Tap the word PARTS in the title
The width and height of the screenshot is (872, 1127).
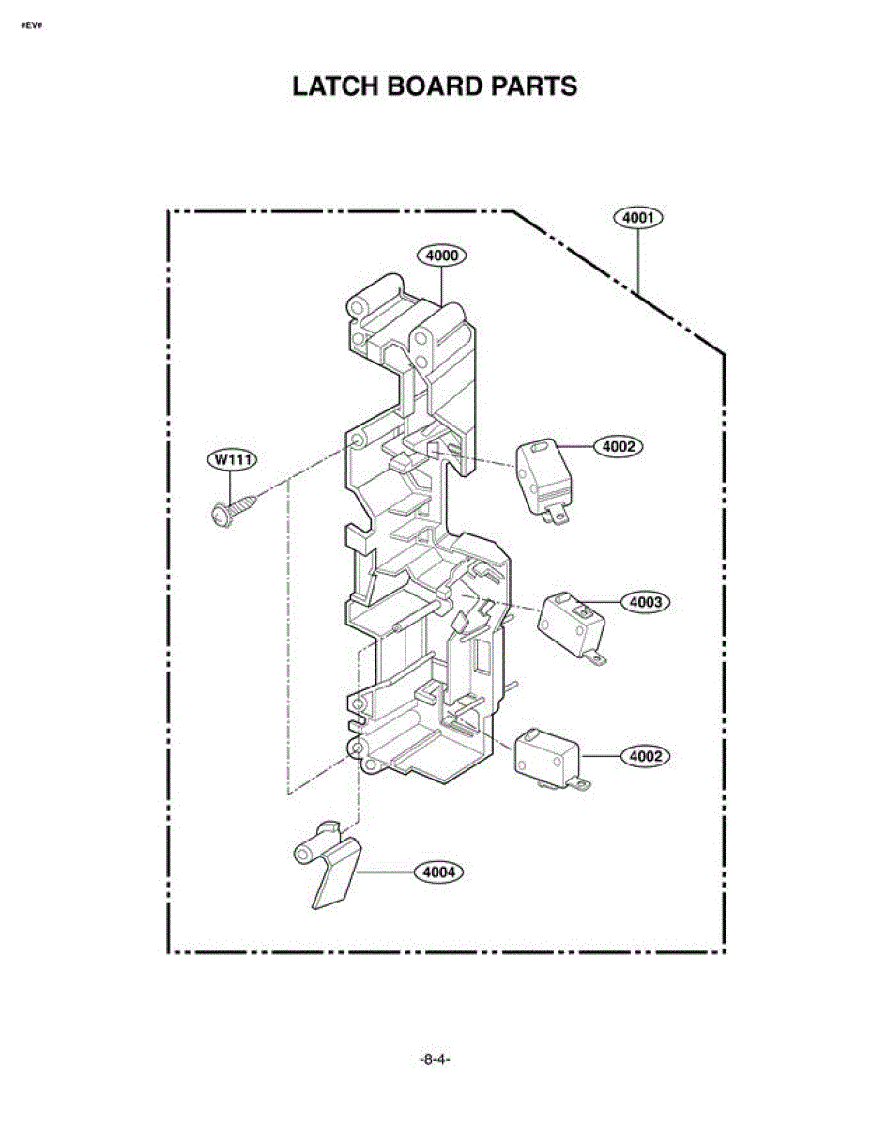[x=534, y=86]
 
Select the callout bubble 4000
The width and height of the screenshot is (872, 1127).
[x=441, y=255]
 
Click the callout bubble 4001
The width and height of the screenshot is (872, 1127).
[x=638, y=217]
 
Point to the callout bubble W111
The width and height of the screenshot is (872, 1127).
[x=232, y=459]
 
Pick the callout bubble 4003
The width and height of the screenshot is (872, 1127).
[x=645, y=602]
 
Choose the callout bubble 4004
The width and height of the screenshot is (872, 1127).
[x=439, y=872]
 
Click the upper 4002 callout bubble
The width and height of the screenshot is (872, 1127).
[x=619, y=446]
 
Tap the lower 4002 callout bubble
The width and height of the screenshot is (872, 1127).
[x=645, y=757]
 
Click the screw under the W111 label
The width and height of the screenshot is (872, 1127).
[x=233, y=510]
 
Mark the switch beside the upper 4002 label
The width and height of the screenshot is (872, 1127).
[x=543, y=480]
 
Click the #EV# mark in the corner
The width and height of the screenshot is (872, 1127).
[x=31, y=25]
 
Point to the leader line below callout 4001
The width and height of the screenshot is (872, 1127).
[x=638, y=262]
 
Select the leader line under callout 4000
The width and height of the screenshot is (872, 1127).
[x=441, y=286]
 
